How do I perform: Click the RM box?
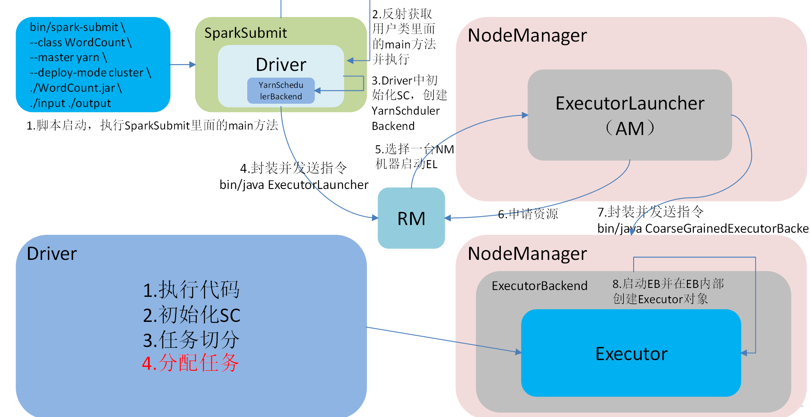click(x=411, y=218)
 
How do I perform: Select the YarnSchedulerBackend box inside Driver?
click(x=281, y=90)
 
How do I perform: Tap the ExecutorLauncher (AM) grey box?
click(x=629, y=115)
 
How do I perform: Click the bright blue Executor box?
click(x=631, y=353)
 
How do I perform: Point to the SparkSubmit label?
click(x=246, y=33)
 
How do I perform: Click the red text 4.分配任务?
click(x=190, y=363)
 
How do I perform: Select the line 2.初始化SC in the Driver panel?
click(x=191, y=315)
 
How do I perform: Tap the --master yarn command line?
click(x=68, y=57)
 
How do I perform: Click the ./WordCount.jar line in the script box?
click(x=76, y=88)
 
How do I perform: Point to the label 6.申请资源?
click(x=528, y=214)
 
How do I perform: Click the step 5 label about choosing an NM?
click(x=414, y=156)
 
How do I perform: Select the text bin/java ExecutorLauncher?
click(x=294, y=185)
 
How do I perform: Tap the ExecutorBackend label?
click(x=539, y=286)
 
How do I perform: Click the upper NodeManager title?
click(x=527, y=35)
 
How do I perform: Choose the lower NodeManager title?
click(x=527, y=254)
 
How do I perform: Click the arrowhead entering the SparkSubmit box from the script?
click(x=193, y=65)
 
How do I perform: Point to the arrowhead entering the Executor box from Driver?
click(x=518, y=352)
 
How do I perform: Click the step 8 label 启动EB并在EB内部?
click(x=668, y=284)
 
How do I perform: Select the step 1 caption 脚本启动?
click(x=152, y=125)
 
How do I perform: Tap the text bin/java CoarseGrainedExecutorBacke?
click(x=702, y=228)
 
